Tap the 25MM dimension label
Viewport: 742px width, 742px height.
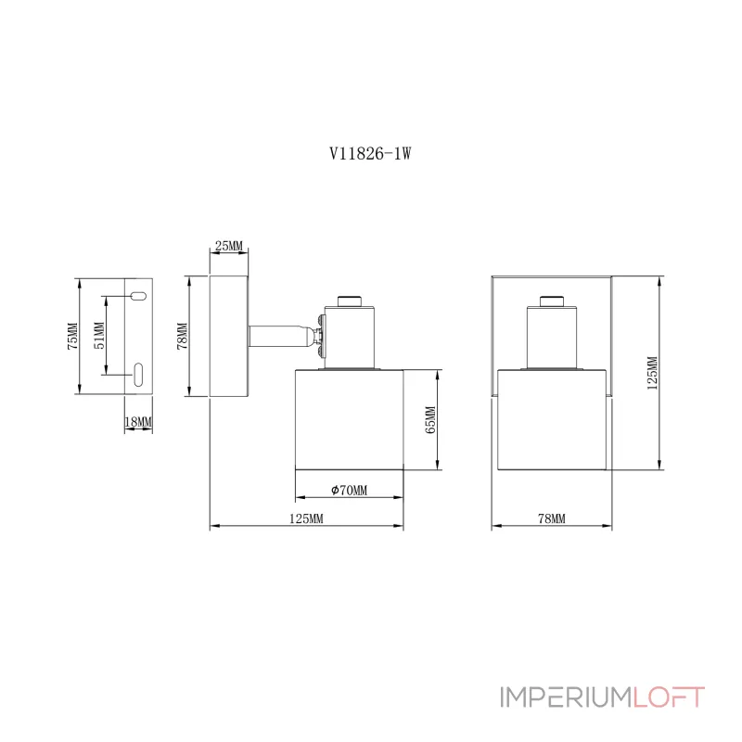[228, 246]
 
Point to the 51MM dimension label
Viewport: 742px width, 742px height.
[100, 336]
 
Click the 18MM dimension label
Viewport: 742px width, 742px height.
[138, 422]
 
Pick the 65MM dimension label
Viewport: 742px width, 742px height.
[429, 420]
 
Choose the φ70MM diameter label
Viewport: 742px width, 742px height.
[349, 491]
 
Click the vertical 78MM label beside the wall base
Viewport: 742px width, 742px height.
[183, 336]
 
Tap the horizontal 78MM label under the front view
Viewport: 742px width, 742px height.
[551, 519]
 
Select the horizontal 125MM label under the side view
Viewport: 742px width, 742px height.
[306, 519]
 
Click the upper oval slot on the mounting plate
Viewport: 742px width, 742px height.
[137, 297]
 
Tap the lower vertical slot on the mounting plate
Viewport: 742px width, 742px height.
[137, 375]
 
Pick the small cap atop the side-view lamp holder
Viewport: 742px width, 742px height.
[349, 300]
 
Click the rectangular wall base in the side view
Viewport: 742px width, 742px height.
[228, 336]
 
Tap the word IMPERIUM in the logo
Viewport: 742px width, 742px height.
[567, 697]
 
